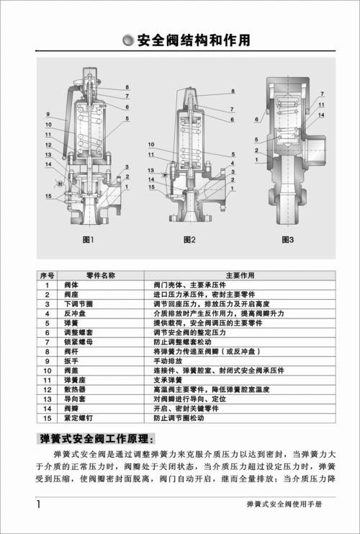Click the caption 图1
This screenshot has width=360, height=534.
tap(89, 239)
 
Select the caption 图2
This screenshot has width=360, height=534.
tap(189, 239)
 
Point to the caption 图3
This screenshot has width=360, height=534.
tap(287, 239)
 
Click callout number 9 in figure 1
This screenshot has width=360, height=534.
tap(48, 115)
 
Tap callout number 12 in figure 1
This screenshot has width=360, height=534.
tap(48, 144)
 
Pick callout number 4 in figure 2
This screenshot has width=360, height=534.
tap(233, 164)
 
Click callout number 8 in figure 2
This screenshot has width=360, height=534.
tap(233, 92)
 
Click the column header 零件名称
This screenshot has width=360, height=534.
tap(100, 275)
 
